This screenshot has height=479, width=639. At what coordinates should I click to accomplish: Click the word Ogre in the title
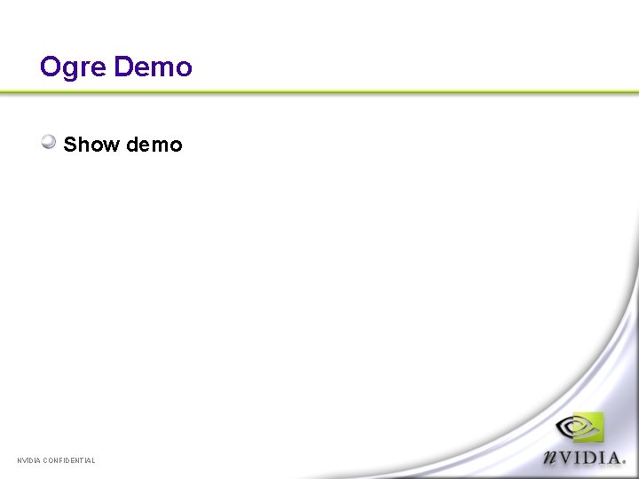pyautogui.click(x=74, y=67)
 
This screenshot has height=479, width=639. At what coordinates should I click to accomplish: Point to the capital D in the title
pyautogui.click(x=123, y=67)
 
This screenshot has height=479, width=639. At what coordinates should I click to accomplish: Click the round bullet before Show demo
pyautogui.click(x=50, y=142)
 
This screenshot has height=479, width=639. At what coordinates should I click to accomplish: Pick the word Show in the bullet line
pyautogui.click(x=91, y=145)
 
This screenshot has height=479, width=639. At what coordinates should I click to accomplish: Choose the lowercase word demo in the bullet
pyautogui.click(x=154, y=145)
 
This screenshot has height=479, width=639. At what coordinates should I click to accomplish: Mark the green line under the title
pyautogui.click(x=319, y=92)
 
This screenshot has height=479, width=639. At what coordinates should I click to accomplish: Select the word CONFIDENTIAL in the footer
pyautogui.click(x=69, y=460)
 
